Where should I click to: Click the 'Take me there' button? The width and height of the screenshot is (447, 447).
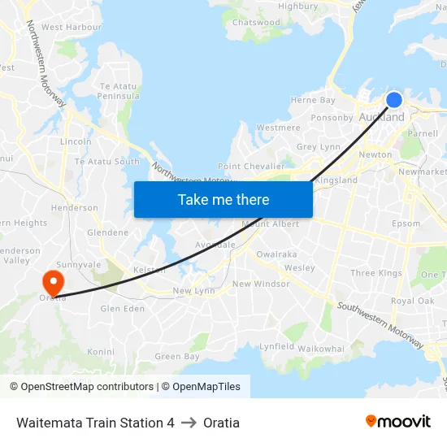point(223,199)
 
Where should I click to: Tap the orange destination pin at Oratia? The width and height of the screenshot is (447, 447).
point(53,283)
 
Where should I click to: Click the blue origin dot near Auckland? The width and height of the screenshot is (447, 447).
point(393,100)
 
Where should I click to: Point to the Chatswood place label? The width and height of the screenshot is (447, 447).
point(256,23)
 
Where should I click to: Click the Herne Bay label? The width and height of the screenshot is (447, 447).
point(313,101)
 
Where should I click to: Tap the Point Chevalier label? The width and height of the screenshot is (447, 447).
point(251,166)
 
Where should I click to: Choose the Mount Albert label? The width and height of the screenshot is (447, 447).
point(271,224)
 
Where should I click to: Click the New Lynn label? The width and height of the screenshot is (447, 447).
point(193,291)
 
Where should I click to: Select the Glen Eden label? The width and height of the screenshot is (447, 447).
point(122,309)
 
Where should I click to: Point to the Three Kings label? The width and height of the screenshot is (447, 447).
point(375,274)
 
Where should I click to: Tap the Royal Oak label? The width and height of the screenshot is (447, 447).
point(412,301)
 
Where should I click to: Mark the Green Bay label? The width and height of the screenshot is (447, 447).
point(177,357)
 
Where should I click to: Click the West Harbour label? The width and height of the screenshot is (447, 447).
point(72,27)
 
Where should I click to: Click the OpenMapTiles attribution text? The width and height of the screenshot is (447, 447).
point(201,387)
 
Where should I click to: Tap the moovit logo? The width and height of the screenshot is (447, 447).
point(398,421)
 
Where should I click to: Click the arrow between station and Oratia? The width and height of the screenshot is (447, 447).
point(189,423)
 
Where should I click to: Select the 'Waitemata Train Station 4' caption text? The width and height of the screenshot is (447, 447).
point(95,423)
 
